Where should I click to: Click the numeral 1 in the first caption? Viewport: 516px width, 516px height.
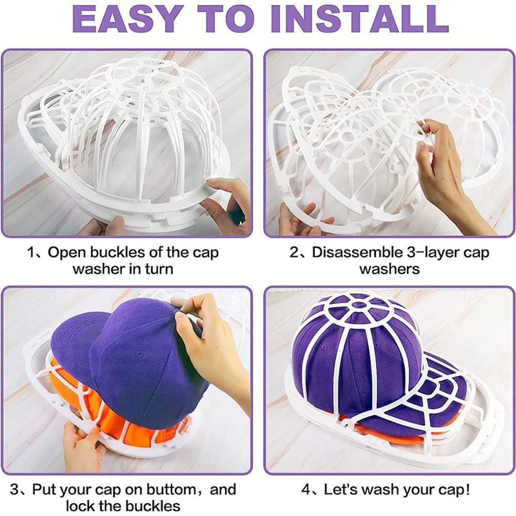pyautogui.click(x=31, y=253)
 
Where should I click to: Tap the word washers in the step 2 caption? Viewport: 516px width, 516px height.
pyautogui.click(x=390, y=269)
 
